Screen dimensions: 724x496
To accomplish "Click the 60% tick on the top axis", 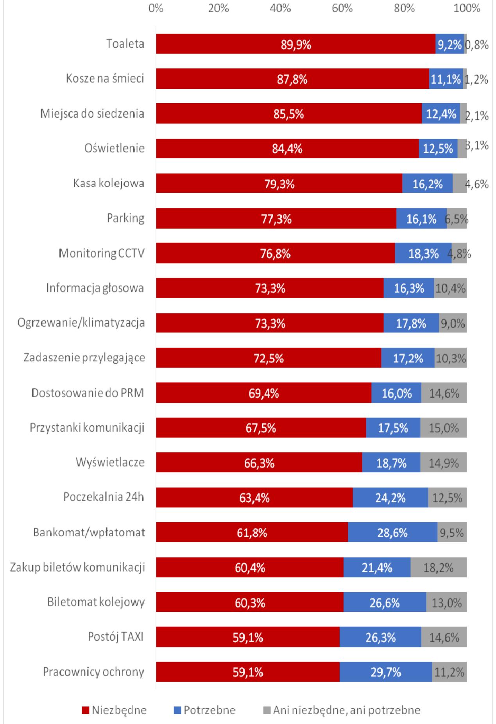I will [x=342, y=8].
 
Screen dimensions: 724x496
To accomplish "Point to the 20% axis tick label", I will [x=218, y=8].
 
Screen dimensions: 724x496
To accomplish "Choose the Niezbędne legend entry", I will [x=115, y=710].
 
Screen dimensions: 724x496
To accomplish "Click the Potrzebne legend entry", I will [x=205, y=710].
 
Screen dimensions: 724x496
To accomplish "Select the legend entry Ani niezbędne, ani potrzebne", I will [x=342, y=710].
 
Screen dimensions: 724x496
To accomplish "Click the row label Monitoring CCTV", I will [x=102, y=253].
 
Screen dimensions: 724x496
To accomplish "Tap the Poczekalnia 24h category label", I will [x=104, y=497].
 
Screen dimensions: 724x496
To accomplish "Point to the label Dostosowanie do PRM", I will [x=88, y=392].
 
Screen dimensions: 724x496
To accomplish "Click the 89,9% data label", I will [x=296, y=45].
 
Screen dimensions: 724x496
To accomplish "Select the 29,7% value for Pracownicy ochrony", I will [x=385, y=672].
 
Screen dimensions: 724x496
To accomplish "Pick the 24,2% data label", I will [x=390, y=498].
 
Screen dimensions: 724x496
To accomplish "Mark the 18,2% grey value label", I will [x=438, y=568].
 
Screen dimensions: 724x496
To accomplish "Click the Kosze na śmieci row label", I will [x=105, y=79].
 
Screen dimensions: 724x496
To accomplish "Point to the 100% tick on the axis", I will [x=467, y=8].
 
